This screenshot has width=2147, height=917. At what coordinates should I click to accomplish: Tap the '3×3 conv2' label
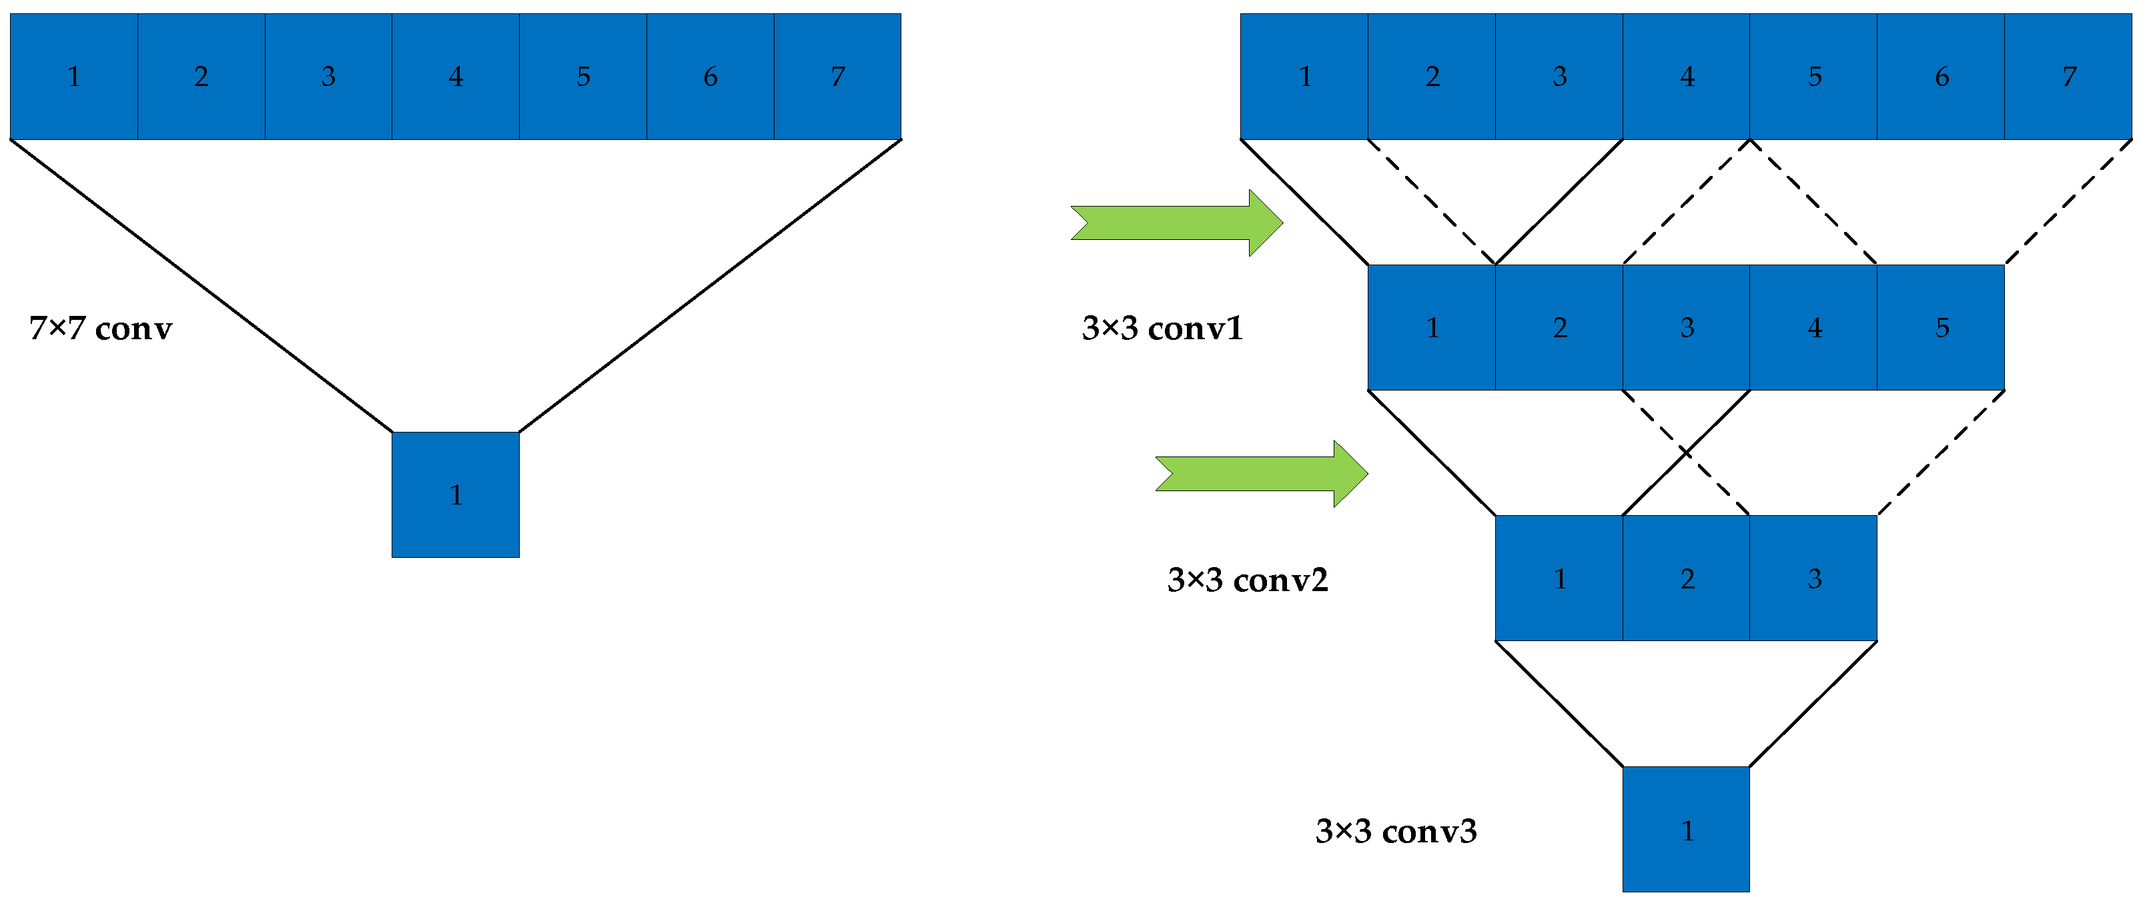coord(1247,580)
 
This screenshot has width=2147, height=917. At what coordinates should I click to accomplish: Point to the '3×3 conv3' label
coord(1395,831)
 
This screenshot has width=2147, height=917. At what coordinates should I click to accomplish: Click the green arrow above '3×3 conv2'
coord(1261,474)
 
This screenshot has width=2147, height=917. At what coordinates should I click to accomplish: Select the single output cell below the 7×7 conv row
coord(456,494)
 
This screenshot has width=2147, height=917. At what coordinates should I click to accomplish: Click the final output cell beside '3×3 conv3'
coord(1685,830)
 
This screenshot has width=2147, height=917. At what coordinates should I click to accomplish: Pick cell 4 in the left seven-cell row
coord(456,77)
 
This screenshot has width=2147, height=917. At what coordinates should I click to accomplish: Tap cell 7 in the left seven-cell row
coord(837,77)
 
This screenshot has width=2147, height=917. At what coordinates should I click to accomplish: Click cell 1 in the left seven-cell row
coord(74,77)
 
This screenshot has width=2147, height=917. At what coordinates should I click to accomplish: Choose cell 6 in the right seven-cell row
coord(1940,77)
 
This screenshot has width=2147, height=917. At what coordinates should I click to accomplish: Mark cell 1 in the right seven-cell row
coord(1304,77)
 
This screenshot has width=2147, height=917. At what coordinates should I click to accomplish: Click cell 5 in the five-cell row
coord(1940,327)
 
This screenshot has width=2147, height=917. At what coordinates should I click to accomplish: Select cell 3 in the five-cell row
coord(1686,327)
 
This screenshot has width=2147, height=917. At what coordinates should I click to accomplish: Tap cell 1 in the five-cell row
coord(1432,327)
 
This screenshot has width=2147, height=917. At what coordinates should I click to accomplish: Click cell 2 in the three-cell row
coord(1686,578)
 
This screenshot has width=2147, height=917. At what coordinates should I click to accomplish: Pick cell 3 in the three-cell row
coord(1813,578)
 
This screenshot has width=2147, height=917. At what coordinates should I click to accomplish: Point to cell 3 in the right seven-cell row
coord(1559,77)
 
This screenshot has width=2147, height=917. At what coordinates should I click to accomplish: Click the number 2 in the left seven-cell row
coord(201,77)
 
